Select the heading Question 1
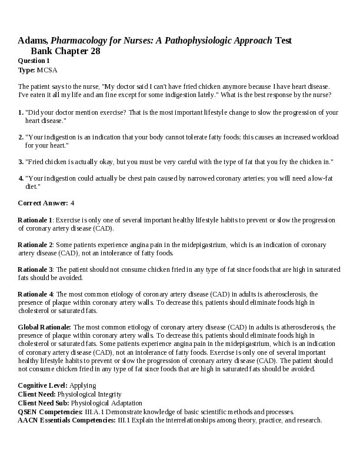34,61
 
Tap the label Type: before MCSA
26,69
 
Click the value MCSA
47,69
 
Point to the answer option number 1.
21,112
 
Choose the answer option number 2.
21,137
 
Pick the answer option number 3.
21,161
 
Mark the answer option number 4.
21,178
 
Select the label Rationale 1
35,219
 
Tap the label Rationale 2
35,244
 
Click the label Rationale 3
35,269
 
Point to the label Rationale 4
35,294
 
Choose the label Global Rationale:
45,327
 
